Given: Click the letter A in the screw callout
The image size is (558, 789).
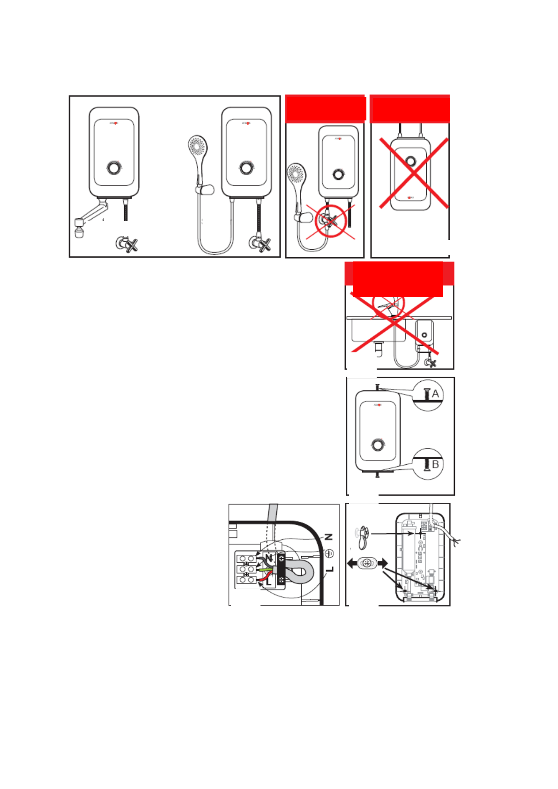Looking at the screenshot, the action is point(435,394).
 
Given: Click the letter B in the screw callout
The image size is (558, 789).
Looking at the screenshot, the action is point(435,464).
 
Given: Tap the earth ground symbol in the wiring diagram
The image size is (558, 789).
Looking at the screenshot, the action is point(329,553).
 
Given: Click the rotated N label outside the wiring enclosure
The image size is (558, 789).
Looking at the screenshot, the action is point(329,537).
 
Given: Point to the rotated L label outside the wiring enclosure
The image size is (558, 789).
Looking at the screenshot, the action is point(330,569).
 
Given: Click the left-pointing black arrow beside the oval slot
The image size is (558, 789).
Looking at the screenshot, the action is point(352,563).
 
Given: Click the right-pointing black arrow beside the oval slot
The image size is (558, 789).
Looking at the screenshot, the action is point(383,563).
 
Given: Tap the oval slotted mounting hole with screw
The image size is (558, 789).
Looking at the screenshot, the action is point(367,563).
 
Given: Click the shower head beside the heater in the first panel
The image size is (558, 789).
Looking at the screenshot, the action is point(197,146).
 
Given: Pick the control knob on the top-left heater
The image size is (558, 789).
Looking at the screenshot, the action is point(114,167).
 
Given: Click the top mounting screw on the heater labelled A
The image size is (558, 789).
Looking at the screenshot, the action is point(377,387).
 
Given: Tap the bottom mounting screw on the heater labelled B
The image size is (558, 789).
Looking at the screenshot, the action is point(378,475).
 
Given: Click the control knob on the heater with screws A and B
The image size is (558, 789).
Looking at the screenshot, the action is point(378,445).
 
